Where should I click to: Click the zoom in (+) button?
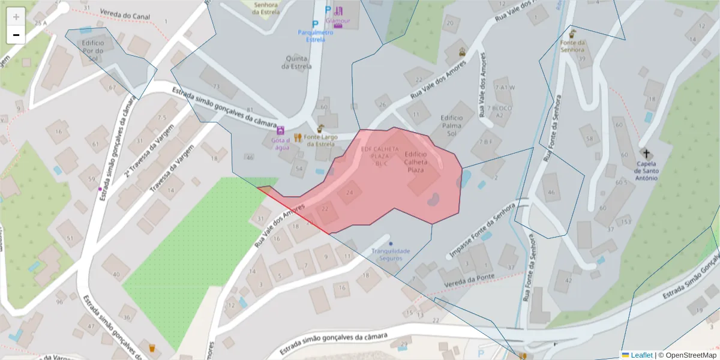[16, 16]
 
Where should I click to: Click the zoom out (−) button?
[16, 35]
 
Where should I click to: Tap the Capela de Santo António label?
[646, 171]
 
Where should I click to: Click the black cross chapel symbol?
[646, 154]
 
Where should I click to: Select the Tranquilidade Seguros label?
[391, 254]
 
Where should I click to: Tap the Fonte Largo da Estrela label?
[320, 140]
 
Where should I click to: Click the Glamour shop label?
[338, 21]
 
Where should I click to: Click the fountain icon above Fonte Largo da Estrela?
[320, 128]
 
